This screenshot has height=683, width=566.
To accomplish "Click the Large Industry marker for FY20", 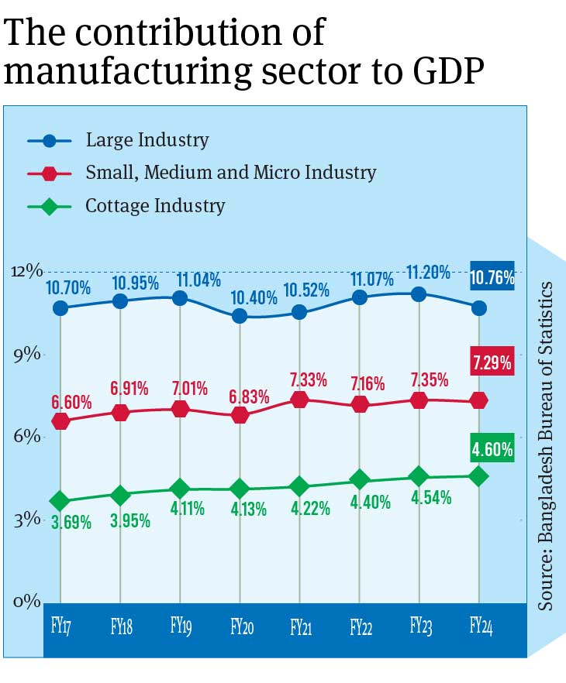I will (x=240, y=316).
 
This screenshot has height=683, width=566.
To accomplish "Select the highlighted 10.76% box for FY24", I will (x=492, y=276).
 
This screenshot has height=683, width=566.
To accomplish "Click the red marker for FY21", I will (x=299, y=400).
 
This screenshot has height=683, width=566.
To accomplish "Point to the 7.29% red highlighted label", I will (x=492, y=362).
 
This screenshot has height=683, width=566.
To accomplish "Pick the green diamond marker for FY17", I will (x=60, y=502).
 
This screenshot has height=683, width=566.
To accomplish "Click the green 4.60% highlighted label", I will (x=492, y=448).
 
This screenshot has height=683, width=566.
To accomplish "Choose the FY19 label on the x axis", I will (x=181, y=626).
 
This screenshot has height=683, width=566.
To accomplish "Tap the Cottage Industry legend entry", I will (x=155, y=206).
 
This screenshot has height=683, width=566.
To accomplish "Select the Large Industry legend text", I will (x=147, y=140).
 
